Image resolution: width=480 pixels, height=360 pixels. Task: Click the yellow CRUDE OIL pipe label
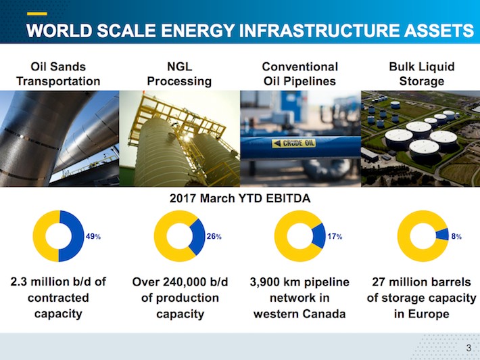coord(294,143)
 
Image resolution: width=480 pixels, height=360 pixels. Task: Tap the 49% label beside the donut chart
coord(93,237)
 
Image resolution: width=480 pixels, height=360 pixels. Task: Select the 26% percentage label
coord(214,237)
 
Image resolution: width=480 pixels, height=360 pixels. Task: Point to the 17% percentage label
coord(335,237)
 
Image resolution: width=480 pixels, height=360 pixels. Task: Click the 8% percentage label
coord(456,237)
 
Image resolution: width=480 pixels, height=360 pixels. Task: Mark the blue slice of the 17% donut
coord(320,236)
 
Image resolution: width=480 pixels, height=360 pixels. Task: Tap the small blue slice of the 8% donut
coord(443,235)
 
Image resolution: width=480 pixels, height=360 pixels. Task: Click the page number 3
coord(469,348)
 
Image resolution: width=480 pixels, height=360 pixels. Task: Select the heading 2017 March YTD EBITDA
coord(240,198)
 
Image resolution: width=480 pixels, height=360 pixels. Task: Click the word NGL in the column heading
coord(179,67)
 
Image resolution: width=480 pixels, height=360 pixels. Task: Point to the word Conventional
coord(300,67)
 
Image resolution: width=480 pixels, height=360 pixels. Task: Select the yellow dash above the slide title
coord(37,14)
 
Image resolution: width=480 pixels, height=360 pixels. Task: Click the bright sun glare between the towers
coord(186,138)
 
